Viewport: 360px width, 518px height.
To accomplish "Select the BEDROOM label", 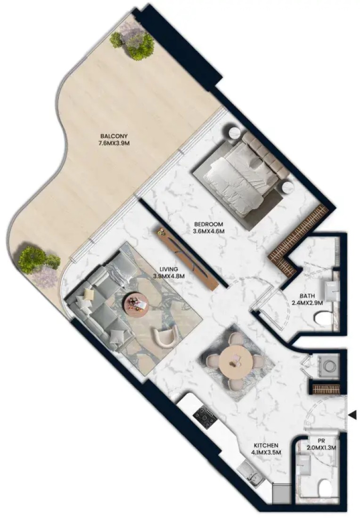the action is click(x=209, y=224).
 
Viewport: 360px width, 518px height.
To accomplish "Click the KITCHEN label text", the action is click(x=266, y=445).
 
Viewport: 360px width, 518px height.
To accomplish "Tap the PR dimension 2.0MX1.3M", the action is click(x=321, y=448).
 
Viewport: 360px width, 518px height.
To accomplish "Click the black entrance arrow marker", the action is click(x=353, y=414).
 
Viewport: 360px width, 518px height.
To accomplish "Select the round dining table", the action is click(x=236, y=361).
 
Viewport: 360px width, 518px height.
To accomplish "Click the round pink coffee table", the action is click(x=136, y=303).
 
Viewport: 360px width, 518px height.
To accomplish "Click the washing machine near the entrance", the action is click(x=328, y=366).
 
